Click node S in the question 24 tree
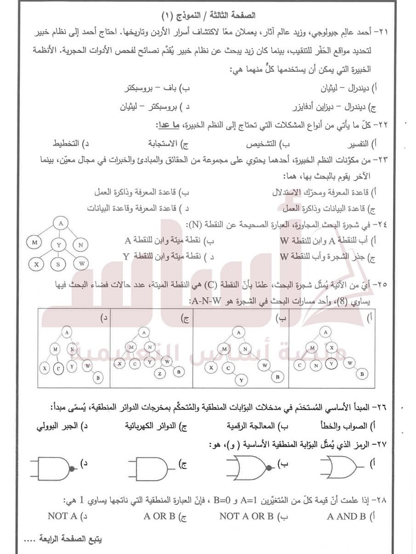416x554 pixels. (58, 264)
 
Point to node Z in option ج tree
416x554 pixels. (160, 373)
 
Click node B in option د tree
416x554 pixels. (97, 379)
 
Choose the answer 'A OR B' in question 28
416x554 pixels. (159, 516)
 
